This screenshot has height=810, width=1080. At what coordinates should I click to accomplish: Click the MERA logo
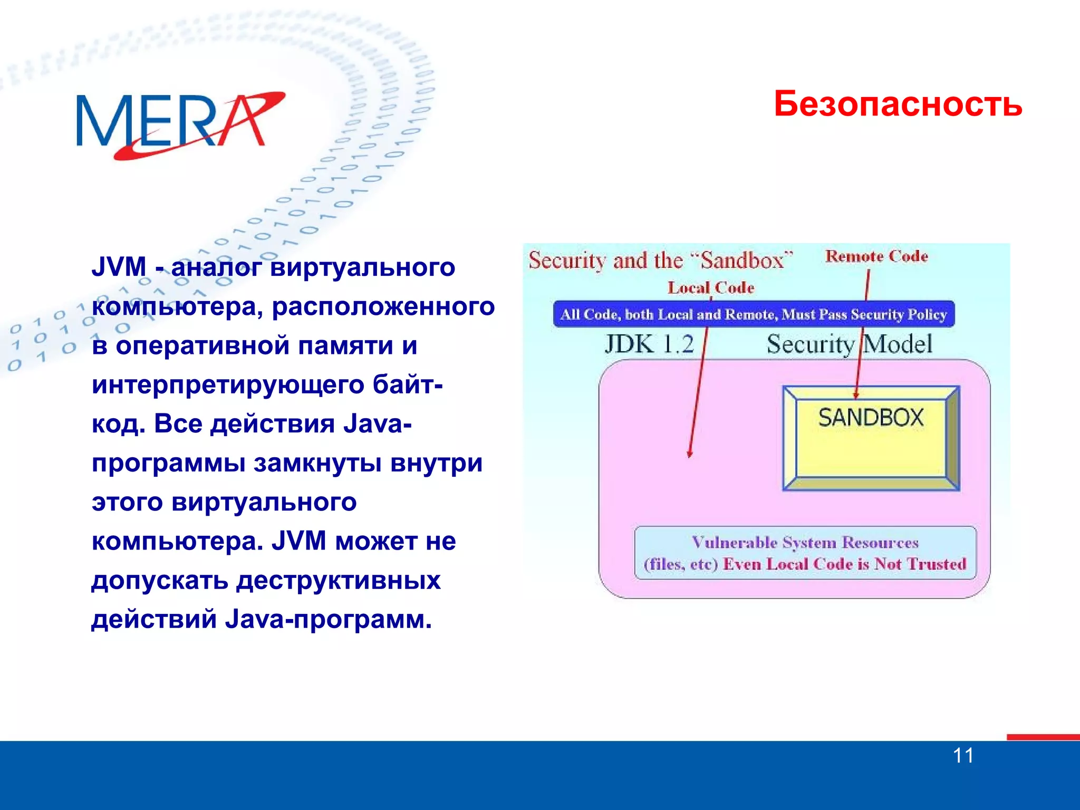[x=179, y=124]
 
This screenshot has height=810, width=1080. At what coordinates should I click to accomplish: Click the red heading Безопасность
[x=898, y=104]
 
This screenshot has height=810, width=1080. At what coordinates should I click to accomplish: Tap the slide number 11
[x=963, y=756]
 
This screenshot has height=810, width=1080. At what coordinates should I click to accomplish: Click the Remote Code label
[x=876, y=256]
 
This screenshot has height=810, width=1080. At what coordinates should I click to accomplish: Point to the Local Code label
[x=711, y=288]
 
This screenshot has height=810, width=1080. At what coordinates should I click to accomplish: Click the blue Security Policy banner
[x=753, y=314]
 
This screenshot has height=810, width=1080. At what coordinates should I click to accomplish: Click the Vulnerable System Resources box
[x=805, y=553]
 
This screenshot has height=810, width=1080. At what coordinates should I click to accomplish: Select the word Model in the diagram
[x=898, y=344]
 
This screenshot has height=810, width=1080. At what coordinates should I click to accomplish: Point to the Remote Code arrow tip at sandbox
[x=856, y=395]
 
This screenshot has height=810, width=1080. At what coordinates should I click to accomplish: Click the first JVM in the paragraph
[x=119, y=266]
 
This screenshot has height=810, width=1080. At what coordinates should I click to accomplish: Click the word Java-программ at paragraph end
[x=328, y=619]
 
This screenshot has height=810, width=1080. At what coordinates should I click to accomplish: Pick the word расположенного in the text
[x=383, y=306]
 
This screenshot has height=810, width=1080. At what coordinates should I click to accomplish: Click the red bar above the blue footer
[x=1043, y=737]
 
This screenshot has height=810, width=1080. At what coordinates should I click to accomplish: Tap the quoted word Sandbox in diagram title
[x=741, y=261]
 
